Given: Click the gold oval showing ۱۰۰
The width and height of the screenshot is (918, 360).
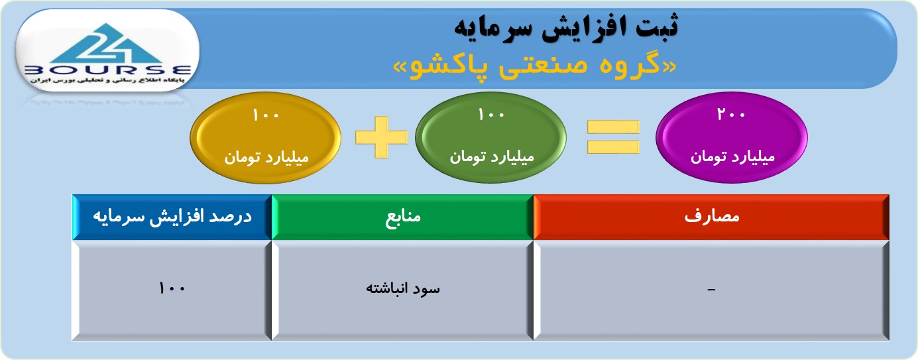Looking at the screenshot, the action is [266, 137].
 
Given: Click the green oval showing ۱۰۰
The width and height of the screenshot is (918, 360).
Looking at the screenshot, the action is [491, 137].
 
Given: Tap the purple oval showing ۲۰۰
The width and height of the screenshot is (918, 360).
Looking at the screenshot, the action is [732, 137].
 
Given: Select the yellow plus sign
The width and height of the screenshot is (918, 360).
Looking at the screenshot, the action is [382, 137].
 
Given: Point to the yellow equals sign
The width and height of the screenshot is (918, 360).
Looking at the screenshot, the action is [614, 137].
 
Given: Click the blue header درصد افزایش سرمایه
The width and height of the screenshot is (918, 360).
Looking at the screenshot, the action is [172, 217].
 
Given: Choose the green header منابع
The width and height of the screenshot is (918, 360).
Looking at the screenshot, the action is [402, 217].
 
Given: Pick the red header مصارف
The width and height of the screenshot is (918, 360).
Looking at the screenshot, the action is [711, 217].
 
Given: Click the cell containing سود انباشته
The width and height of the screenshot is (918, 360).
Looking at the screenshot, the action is [402, 290].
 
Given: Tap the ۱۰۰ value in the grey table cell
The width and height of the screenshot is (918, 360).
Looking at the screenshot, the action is [172, 288].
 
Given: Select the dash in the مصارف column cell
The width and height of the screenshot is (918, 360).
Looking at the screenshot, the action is [711, 290].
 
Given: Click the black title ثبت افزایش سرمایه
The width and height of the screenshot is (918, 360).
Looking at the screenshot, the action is [566, 27].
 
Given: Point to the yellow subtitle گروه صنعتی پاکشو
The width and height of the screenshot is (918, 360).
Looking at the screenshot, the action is [534, 65].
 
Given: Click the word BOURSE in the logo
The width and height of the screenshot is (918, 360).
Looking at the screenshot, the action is [108, 70].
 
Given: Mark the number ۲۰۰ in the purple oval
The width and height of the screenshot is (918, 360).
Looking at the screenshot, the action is [731, 114].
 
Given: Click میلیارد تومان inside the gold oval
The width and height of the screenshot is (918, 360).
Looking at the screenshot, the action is [266, 157].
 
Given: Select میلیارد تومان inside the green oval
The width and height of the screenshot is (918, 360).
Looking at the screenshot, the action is [492, 157].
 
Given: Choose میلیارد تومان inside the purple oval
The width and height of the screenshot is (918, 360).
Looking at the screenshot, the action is [733, 157].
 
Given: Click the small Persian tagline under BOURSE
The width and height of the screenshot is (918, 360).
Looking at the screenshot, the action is [107, 80].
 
